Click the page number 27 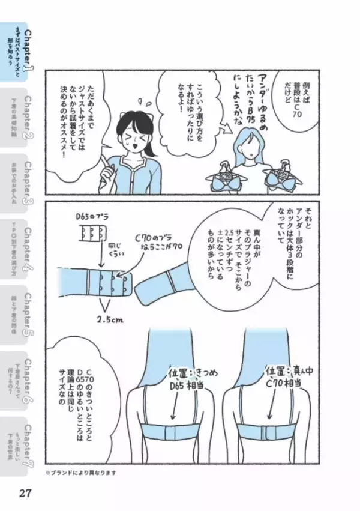tap(25, 494)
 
